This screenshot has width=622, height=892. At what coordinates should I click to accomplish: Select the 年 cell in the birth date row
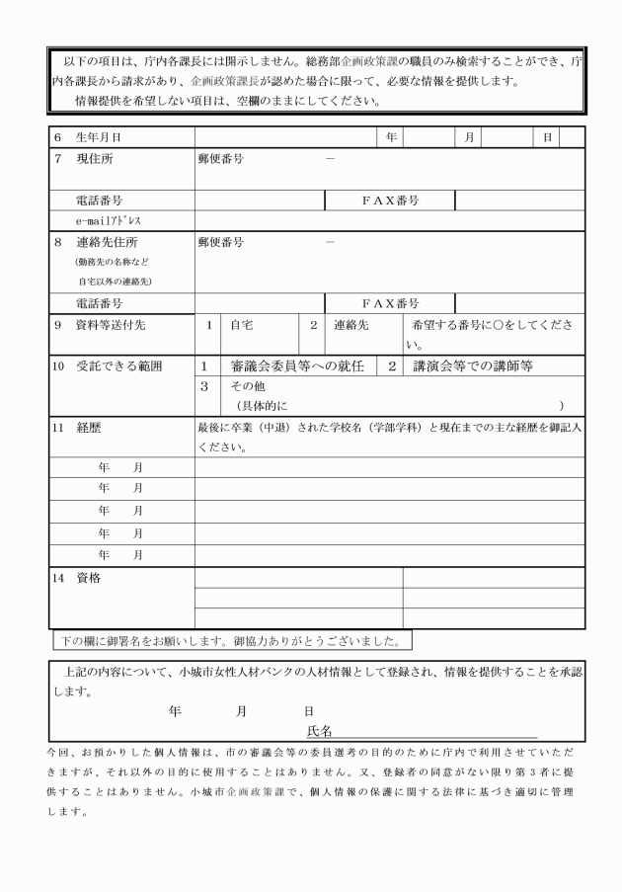pyautogui.click(x=391, y=136)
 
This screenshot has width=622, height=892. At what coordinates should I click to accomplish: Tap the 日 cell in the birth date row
pyautogui.click(x=547, y=136)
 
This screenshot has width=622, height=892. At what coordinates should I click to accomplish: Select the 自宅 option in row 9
pyautogui.click(x=242, y=324)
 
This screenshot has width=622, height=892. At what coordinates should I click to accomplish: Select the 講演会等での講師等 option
pyautogui.click(x=473, y=366)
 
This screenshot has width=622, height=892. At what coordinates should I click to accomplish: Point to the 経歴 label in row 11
pyautogui.click(x=89, y=429)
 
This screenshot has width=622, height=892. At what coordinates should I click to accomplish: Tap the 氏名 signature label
pyautogui.click(x=319, y=731)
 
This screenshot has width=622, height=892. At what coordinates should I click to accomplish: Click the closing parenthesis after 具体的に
pyautogui.click(x=562, y=406)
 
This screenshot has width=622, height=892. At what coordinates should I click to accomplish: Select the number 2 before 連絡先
pyautogui.click(x=313, y=324)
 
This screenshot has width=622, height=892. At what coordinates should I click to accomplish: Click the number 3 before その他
pyautogui.click(x=204, y=386)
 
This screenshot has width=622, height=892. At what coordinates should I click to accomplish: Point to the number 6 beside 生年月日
pyautogui.click(x=57, y=136)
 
